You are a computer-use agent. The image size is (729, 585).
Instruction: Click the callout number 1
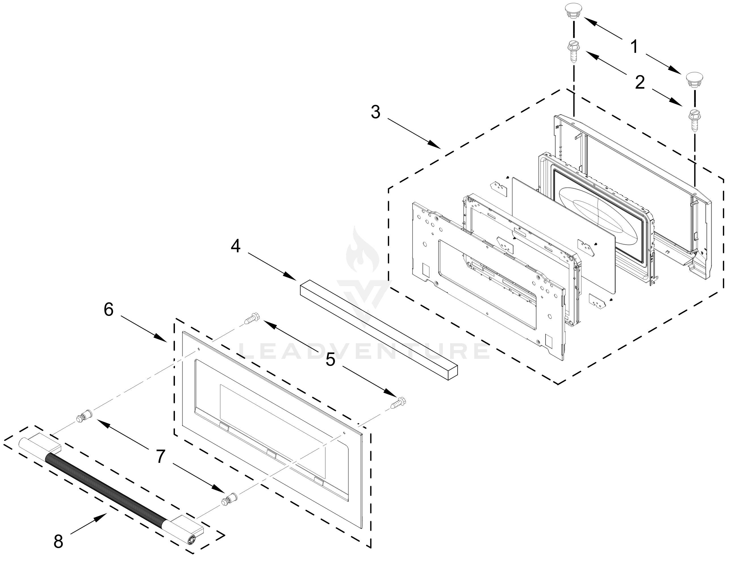click(635, 46)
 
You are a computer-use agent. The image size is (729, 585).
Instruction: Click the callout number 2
click(640, 83)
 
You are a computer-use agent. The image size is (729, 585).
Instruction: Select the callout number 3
click(375, 112)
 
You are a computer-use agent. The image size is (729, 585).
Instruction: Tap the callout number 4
click(236, 246)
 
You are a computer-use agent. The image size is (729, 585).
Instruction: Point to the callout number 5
click(330, 360)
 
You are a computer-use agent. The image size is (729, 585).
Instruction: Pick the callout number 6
click(108, 310)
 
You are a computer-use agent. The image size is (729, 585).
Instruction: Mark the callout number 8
click(59, 542)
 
